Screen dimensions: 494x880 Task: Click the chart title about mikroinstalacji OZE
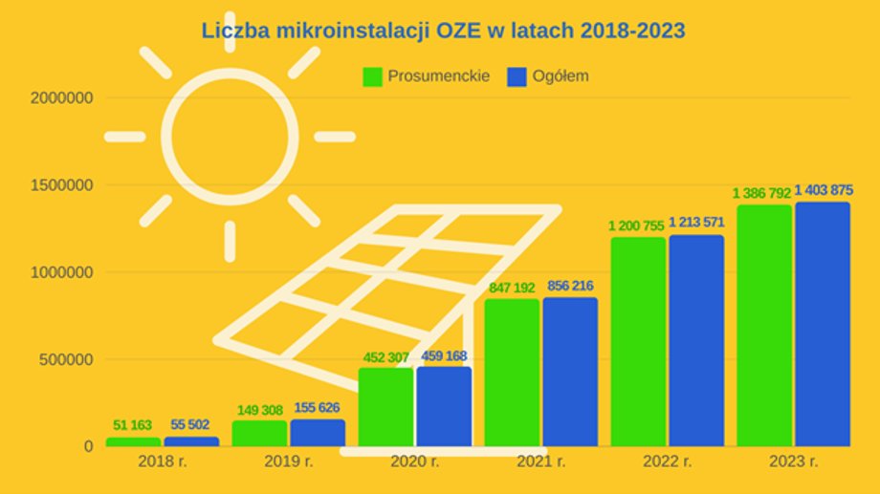(x=443, y=31)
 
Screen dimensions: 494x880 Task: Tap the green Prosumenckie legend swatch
(x=372, y=76)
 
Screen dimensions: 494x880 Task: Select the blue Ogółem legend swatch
(x=517, y=76)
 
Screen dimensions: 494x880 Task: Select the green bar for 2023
(x=764, y=325)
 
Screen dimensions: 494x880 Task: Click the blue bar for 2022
(x=696, y=340)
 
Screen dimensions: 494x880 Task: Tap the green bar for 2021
(x=512, y=373)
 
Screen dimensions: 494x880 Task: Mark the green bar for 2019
(x=259, y=433)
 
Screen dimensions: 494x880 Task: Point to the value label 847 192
(x=512, y=287)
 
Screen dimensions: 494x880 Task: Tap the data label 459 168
(x=444, y=357)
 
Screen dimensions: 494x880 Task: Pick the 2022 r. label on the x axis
(x=668, y=462)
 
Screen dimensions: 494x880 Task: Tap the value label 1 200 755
(x=638, y=226)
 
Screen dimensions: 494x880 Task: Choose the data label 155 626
(x=318, y=408)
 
